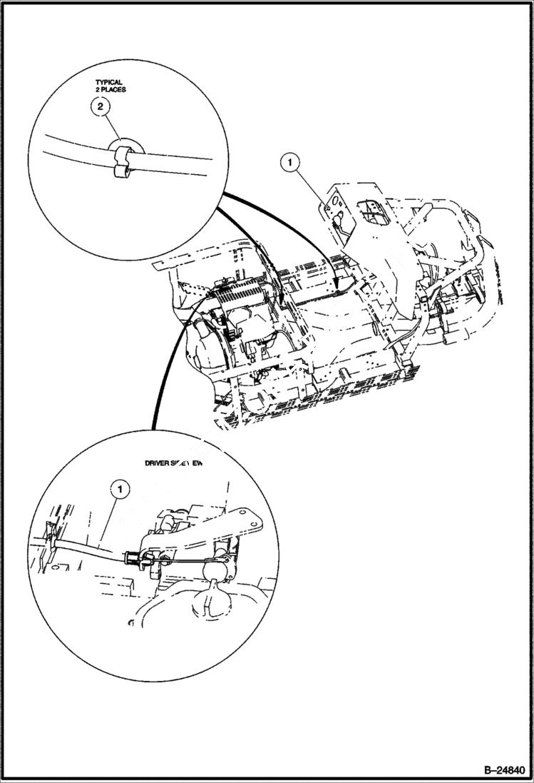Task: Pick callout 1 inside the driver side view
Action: [120, 489]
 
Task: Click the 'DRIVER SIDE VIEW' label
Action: [175, 463]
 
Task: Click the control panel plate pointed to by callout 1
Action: [334, 207]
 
